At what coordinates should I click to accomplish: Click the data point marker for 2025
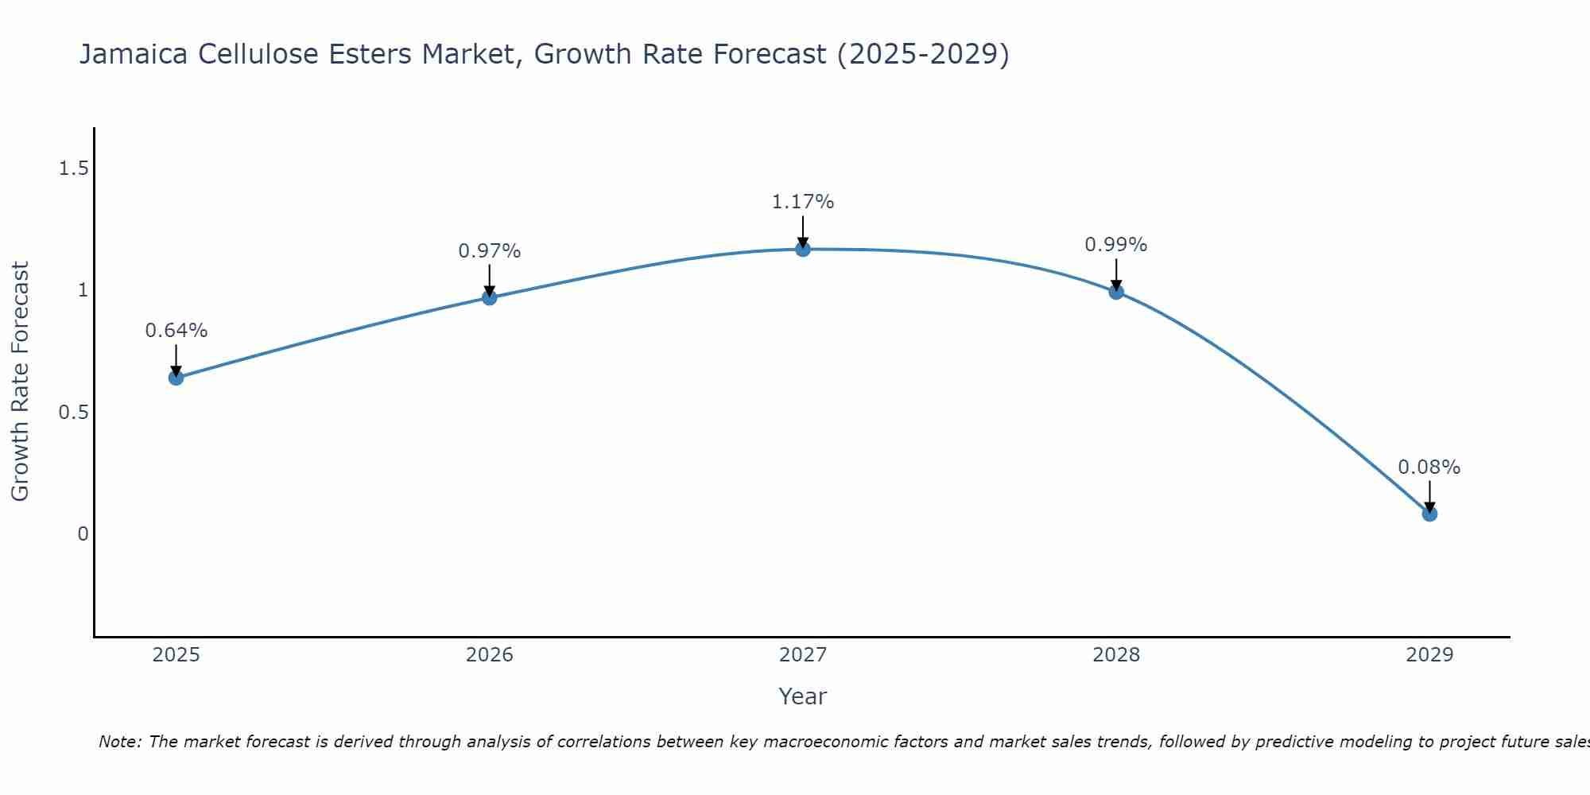tap(176, 378)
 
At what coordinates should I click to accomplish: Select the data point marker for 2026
tap(490, 297)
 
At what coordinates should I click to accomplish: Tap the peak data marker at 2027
tap(803, 249)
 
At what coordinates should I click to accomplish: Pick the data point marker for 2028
tap(1116, 292)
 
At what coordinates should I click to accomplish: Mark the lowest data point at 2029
tap(1429, 514)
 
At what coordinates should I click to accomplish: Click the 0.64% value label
tap(176, 331)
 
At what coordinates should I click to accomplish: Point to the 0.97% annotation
tap(490, 251)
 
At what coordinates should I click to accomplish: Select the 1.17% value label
tap(803, 202)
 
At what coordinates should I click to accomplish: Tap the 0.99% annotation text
tap(1116, 245)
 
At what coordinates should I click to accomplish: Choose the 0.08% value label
tap(1429, 467)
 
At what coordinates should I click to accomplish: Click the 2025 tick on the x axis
tap(176, 655)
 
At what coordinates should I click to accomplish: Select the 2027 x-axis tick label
tap(803, 655)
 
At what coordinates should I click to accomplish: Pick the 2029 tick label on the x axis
tap(1429, 655)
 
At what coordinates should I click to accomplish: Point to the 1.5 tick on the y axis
tap(74, 169)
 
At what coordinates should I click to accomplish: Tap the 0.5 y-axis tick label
tap(74, 413)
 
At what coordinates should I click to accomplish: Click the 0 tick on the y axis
tap(83, 534)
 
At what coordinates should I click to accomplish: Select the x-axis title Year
tap(803, 696)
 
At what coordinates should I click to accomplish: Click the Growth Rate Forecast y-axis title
tap(20, 382)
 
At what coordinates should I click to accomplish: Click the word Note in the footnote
tap(119, 742)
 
